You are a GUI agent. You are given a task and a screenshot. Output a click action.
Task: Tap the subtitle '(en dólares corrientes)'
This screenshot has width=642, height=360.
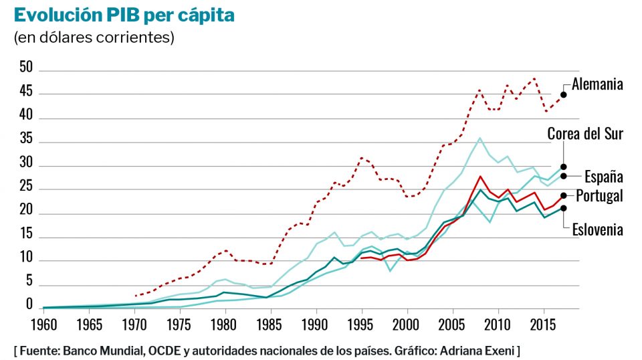[94, 37]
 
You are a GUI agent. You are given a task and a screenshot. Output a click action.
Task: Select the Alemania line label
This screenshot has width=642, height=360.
[597, 84]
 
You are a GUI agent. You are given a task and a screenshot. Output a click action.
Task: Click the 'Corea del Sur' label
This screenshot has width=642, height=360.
[585, 134]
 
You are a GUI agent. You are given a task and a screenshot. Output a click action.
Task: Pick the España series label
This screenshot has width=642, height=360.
[604, 177]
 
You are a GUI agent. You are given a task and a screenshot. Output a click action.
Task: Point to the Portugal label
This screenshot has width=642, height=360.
[600, 196]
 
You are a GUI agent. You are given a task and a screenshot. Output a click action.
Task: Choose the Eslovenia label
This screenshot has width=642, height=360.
[597, 230]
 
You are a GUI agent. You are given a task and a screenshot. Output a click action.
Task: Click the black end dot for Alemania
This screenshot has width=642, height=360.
[564, 94]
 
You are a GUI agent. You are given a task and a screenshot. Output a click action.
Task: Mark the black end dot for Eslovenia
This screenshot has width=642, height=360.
[564, 208]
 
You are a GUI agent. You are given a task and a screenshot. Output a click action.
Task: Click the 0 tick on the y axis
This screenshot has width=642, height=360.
[29, 304]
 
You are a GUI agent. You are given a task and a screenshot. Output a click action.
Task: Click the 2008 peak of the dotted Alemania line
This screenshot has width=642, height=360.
[479, 90]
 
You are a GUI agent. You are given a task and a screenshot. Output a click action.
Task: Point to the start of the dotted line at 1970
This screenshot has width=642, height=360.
[135, 295]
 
